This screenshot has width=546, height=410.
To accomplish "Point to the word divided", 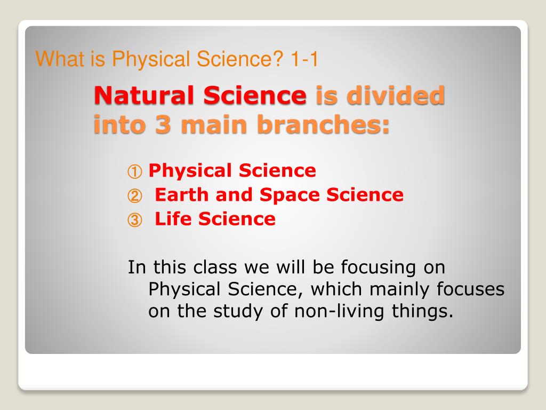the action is coord(396,95).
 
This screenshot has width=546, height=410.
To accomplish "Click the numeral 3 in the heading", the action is coord(163,124).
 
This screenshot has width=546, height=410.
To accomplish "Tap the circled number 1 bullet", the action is coord(135,171).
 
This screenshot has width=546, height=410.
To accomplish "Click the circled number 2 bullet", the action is coord(135,196).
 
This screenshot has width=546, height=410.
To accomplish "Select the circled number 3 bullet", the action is coord(135,220).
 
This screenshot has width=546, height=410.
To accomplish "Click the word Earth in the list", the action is coord(181,194).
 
